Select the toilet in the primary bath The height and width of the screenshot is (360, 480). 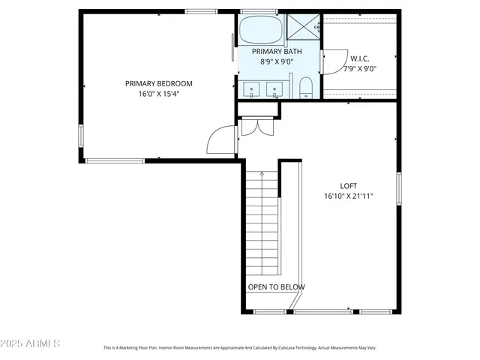pyautogui.click(x=305, y=91)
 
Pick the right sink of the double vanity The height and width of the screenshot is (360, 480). pyautogui.click(x=275, y=91)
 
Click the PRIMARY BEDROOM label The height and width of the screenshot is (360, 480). pyautogui.click(x=158, y=83)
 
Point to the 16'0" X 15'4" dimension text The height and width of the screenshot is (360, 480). pyautogui.click(x=158, y=94)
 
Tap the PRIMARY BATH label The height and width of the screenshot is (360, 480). pyautogui.click(x=275, y=51)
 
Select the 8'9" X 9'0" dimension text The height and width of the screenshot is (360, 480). pyautogui.click(x=275, y=61)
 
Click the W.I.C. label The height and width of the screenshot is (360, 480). pyautogui.click(x=359, y=58)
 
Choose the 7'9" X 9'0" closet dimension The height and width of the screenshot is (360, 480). pyautogui.click(x=359, y=69)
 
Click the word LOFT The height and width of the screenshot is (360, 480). pyautogui.click(x=348, y=186)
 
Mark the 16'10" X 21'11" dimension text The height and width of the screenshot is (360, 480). pyautogui.click(x=348, y=196)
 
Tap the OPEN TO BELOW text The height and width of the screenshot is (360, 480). pyautogui.click(x=276, y=287)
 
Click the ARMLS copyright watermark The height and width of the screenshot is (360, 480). pyautogui.click(x=31, y=343)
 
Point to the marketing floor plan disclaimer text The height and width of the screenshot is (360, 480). pyautogui.click(x=239, y=348)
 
